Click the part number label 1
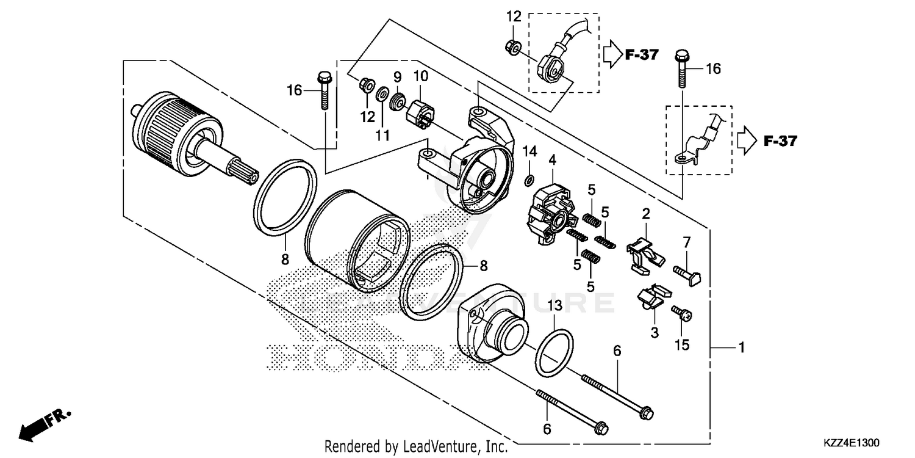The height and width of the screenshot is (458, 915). pos(741,348)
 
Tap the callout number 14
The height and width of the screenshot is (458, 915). pos(529,151)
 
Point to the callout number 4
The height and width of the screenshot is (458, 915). pos(552,161)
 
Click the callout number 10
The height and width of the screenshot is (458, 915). pos(421,77)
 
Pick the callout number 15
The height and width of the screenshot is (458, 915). pos(681,344)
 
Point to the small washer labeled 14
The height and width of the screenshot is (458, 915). pos(529,180)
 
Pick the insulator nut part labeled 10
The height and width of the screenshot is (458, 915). pos(420,113)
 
